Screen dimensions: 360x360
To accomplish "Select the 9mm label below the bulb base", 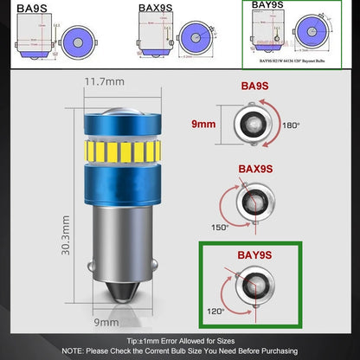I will (x=106, y=322).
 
